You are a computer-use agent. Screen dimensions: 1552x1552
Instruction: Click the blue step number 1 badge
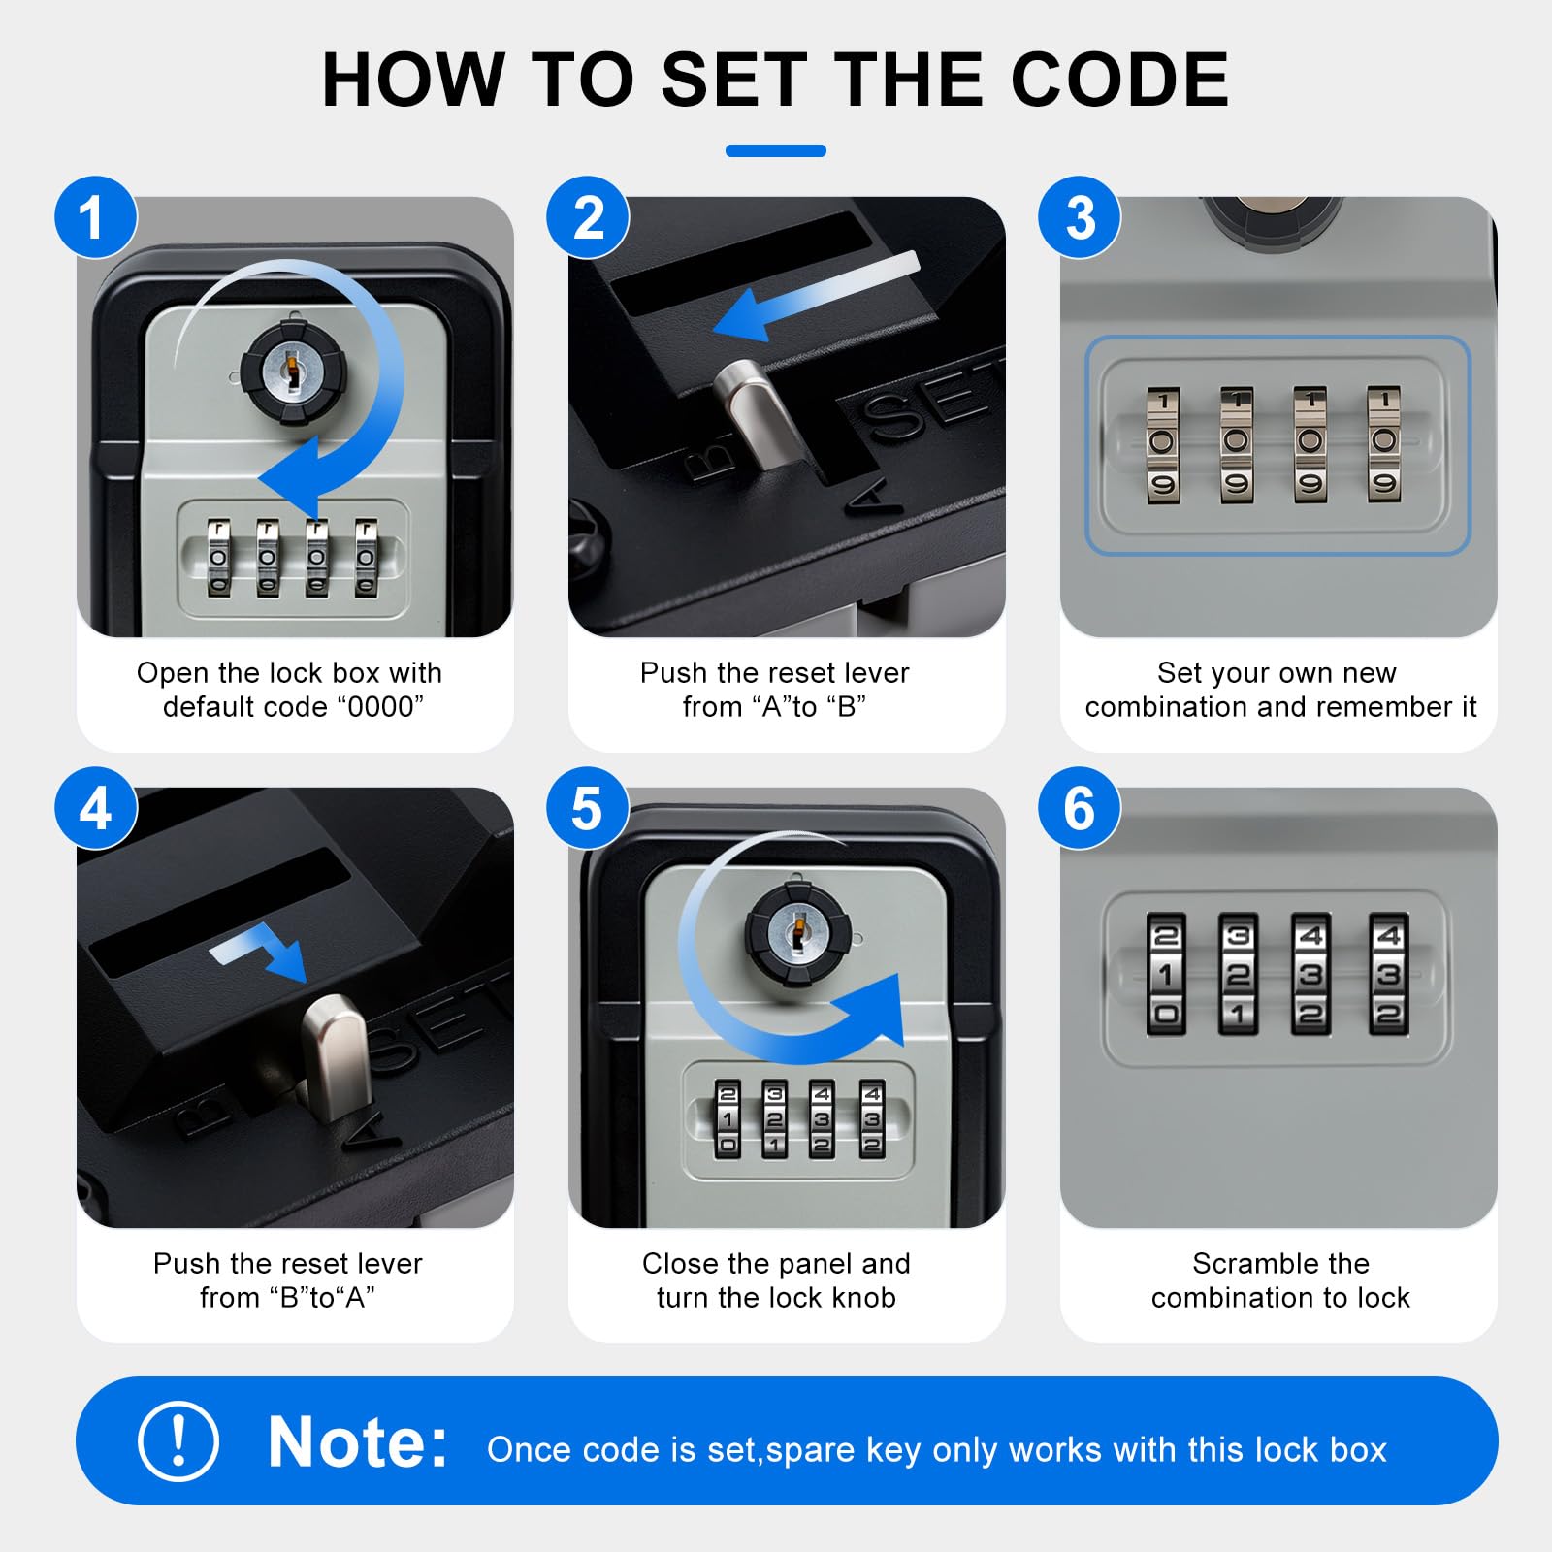[x=95, y=217]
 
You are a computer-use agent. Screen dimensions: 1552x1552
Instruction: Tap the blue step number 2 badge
[x=588, y=217]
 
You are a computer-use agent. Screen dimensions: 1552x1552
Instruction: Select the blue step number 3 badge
[x=1080, y=217]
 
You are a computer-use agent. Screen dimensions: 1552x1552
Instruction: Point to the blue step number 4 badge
[x=95, y=808]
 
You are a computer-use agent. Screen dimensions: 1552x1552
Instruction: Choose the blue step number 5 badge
[x=588, y=808]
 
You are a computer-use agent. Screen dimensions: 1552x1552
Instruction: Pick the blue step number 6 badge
[x=1080, y=808]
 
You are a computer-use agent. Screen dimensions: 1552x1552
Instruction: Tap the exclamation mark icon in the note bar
[x=178, y=1440]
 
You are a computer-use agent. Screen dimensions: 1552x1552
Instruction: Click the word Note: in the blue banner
[x=357, y=1442]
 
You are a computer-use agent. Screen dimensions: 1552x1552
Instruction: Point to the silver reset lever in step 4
[x=336, y=1052]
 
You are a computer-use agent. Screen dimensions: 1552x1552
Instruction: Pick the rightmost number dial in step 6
[x=1388, y=974]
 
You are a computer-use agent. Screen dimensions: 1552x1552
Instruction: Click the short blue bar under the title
[x=776, y=150]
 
